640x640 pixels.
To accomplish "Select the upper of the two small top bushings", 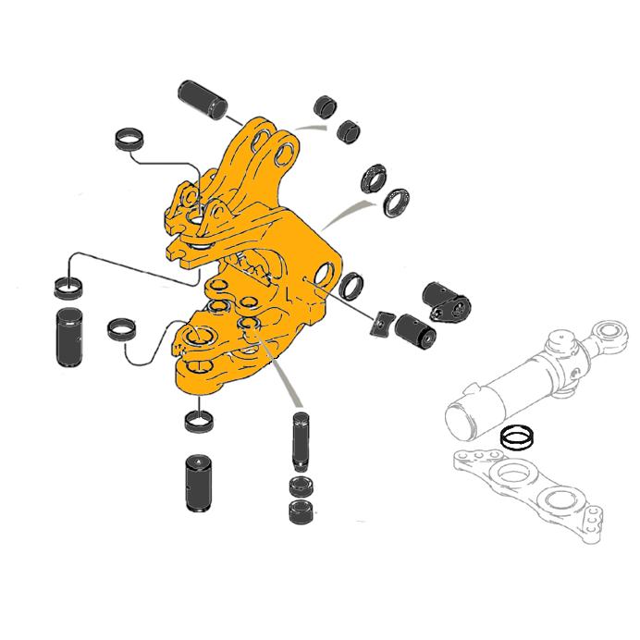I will coord(326,105).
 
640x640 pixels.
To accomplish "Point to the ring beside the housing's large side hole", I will coord(351,287).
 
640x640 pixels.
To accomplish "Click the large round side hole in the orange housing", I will coord(323,276).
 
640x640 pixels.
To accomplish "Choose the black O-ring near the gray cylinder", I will coord(514,436).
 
